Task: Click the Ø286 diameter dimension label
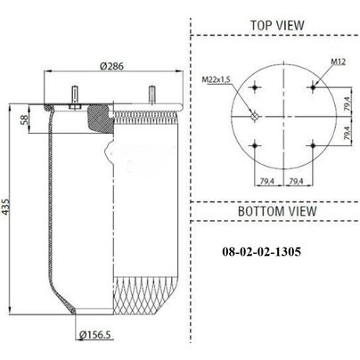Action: [x=111, y=66]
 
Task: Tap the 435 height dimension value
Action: [x=5, y=207]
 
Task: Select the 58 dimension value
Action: [x=24, y=119]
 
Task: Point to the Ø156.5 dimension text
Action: [x=95, y=335]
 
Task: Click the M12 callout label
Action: [x=339, y=61]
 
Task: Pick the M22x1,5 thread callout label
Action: [x=217, y=79]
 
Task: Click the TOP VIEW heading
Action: [x=277, y=26]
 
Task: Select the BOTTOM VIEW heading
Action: [x=277, y=211]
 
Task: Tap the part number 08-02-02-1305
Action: [x=261, y=252]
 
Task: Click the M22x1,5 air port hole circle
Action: [x=255, y=116]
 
